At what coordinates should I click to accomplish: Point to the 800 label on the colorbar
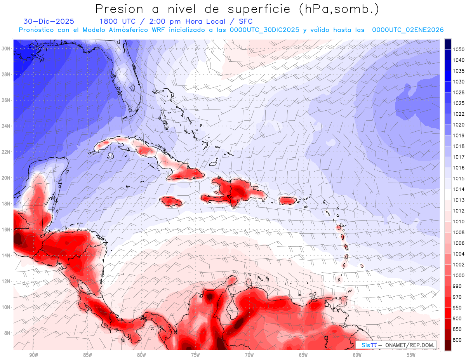tap(457, 340)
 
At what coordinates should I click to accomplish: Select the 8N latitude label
tap(7, 333)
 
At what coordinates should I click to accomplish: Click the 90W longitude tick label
tap(33, 355)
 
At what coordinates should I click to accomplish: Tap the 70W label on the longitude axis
tap(249, 355)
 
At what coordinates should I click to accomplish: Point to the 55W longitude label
tap(411, 355)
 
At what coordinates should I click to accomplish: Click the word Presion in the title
tap(119, 9)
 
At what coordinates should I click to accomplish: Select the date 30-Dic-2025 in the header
tap(49, 21)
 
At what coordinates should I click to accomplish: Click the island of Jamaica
tap(171, 201)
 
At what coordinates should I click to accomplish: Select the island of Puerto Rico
tap(288, 200)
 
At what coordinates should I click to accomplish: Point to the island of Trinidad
tap(343, 301)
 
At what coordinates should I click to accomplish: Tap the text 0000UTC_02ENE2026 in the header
tap(408, 30)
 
